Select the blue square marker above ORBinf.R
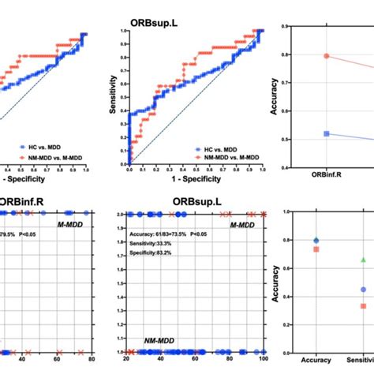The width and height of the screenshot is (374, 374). (x=304, y=134)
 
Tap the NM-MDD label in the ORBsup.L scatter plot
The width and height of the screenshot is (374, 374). (x=161, y=342)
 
